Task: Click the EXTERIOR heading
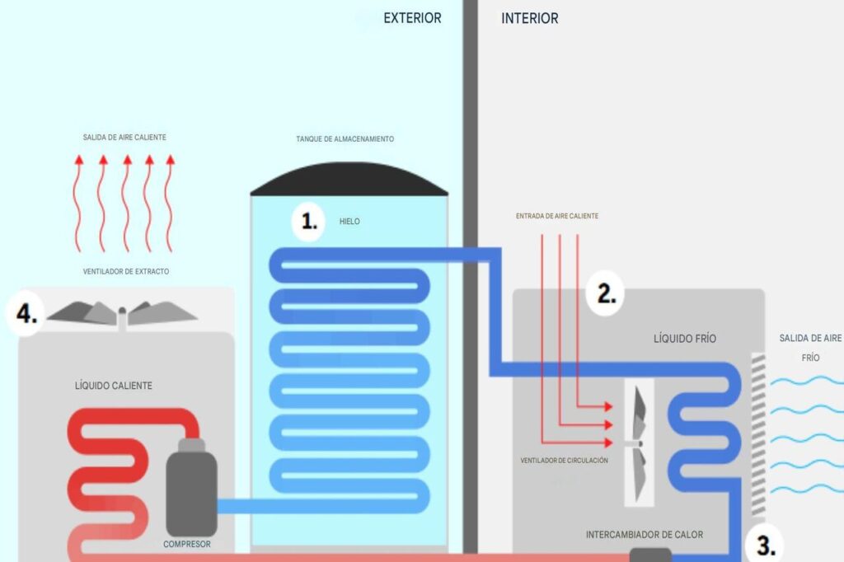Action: (x=412, y=18)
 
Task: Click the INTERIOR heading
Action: (x=529, y=18)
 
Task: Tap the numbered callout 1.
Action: (x=309, y=222)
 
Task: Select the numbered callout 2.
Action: (x=606, y=293)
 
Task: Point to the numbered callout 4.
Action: (x=26, y=315)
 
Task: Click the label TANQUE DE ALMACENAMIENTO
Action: (x=345, y=139)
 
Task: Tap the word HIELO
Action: (x=349, y=222)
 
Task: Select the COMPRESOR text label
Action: (x=187, y=544)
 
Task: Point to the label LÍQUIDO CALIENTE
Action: (x=113, y=386)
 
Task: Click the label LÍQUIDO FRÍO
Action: (x=685, y=339)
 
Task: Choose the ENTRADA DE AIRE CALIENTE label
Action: (x=556, y=216)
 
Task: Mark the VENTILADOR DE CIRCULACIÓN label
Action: (x=564, y=461)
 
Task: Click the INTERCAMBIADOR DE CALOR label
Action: (x=645, y=535)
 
